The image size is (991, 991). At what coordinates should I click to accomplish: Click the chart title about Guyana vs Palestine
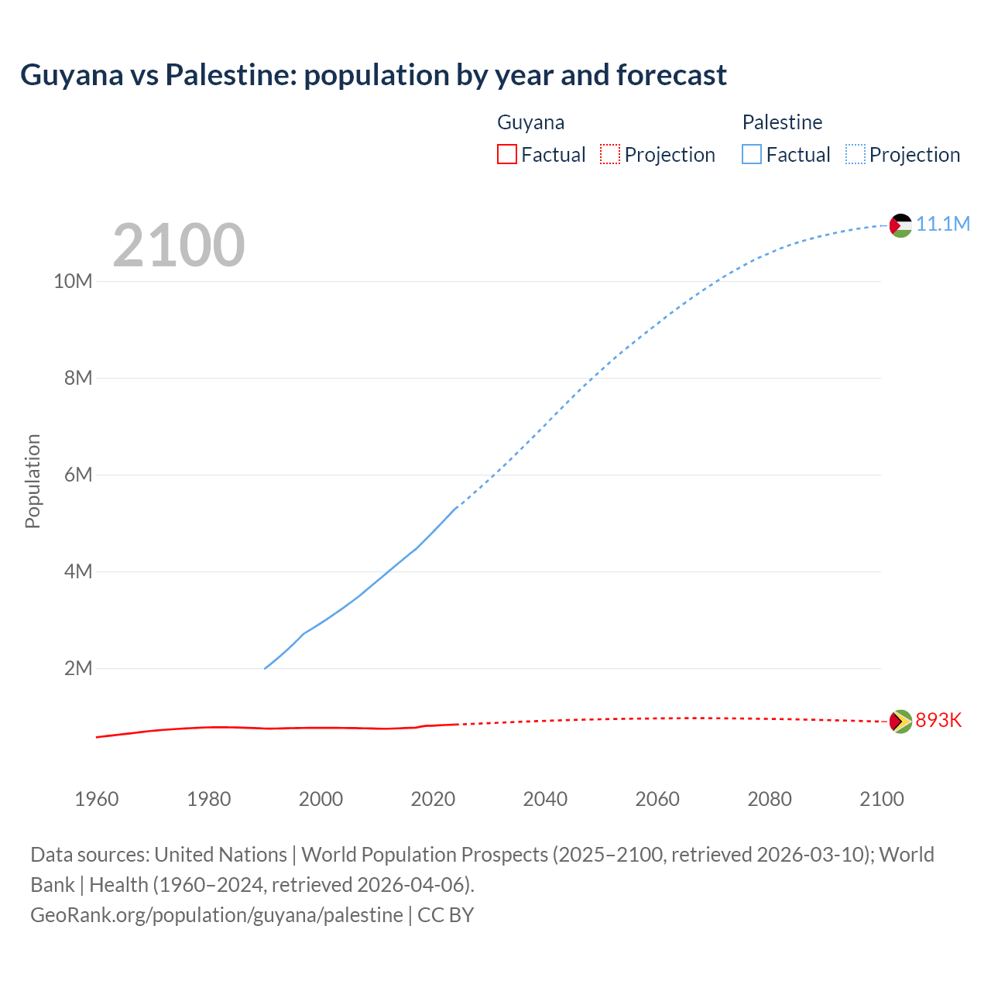373,75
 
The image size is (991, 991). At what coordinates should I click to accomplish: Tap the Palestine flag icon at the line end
900,225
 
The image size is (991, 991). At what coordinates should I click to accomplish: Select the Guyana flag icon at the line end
900,722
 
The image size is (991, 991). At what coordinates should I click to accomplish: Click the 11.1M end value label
943,225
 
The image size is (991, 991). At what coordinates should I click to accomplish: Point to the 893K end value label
938,721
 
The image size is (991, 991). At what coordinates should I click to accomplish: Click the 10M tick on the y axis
73,281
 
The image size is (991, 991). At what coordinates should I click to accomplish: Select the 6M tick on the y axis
77,475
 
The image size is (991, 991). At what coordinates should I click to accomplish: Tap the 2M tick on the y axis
77,668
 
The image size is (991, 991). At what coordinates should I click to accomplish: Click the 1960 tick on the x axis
97,799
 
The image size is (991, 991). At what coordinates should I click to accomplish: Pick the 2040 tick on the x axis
545,799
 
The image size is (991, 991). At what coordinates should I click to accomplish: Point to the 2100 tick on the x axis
881,799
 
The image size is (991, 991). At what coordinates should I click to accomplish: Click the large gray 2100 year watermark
179,245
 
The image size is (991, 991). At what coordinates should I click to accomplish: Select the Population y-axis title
33,481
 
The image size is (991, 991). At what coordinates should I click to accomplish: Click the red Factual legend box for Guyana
507,155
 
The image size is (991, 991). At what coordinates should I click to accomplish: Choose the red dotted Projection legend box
610,155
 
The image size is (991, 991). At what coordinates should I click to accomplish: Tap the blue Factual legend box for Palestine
752,155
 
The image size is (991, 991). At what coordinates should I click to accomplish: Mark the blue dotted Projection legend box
856,155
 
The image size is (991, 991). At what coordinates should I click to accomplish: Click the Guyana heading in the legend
530,122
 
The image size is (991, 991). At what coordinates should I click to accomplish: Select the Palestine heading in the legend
782,122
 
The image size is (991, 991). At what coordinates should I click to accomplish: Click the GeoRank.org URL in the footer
217,915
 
